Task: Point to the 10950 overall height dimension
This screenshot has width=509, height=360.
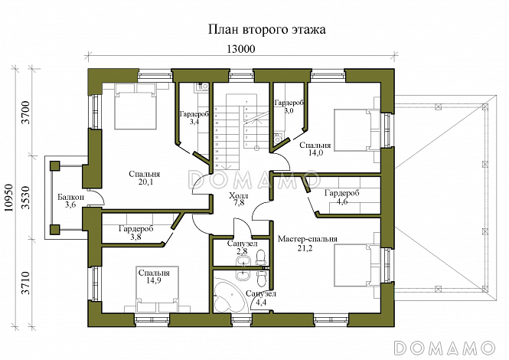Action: pyautogui.click(x=8, y=201)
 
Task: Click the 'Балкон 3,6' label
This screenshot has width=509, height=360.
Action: pyautogui.click(x=70, y=201)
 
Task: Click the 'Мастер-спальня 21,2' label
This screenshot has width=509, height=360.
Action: pyautogui.click(x=308, y=244)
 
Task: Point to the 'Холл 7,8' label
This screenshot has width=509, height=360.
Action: pyautogui.click(x=238, y=201)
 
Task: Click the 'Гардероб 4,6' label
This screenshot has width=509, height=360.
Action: pyautogui.click(x=341, y=198)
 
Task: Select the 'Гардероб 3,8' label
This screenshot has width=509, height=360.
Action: pyautogui.click(x=136, y=233)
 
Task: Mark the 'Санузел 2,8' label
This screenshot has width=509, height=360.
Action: pyautogui.click(x=237, y=247)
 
